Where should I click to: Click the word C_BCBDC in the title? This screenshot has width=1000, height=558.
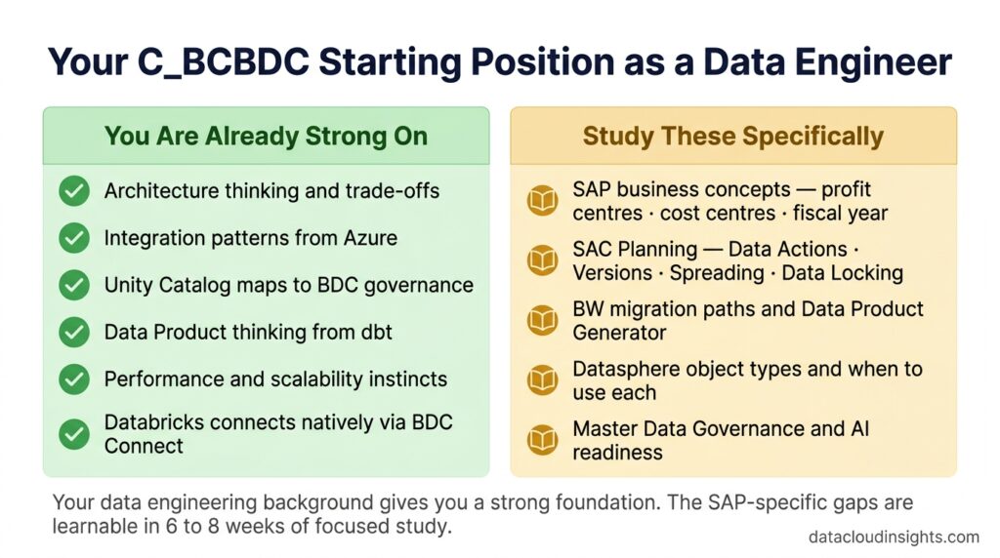pyautogui.click(x=224, y=63)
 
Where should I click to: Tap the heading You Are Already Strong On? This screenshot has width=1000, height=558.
pyautogui.click(x=266, y=137)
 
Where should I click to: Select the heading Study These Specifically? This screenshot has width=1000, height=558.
pyautogui.click(x=733, y=137)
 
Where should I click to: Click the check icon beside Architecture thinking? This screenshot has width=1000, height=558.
pyautogui.click(x=74, y=190)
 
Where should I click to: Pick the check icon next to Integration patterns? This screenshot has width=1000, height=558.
pyautogui.click(x=74, y=238)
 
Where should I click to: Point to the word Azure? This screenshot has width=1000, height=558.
pyautogui.click(x=370, y=238)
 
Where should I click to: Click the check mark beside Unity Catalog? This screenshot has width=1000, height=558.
pyautogui.click(x=74, y=285)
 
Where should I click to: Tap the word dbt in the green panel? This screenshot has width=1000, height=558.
pyautogui.click(x=375, y=332)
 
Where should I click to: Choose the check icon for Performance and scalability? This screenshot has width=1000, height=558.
pyautogui.click(x=74, y=379)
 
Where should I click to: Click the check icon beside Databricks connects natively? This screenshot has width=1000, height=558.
pyautogui.click(x=74, y=434)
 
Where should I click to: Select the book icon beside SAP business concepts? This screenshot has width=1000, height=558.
pyautogui.click(x=543, y=201)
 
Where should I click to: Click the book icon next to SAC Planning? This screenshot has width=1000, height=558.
pyautogui.click(x=543, y=260)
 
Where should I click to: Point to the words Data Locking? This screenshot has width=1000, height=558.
pyautogui.click(x=842, y=272)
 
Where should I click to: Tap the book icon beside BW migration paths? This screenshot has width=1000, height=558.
pyautogui.click(x=543, y=320)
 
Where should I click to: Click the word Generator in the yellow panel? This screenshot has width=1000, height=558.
pyautogui.click(x=619, y=333)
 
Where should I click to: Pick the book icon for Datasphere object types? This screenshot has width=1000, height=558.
pyautogui.click(x=543, y=379)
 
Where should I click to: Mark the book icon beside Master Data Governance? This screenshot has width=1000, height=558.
pyautogui.click(x=543, y=440)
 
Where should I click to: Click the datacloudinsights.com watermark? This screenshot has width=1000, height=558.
pyautogui.click(x=894, y=537)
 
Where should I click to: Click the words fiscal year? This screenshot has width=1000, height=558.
pyautogui.click(x=840, y=214)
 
